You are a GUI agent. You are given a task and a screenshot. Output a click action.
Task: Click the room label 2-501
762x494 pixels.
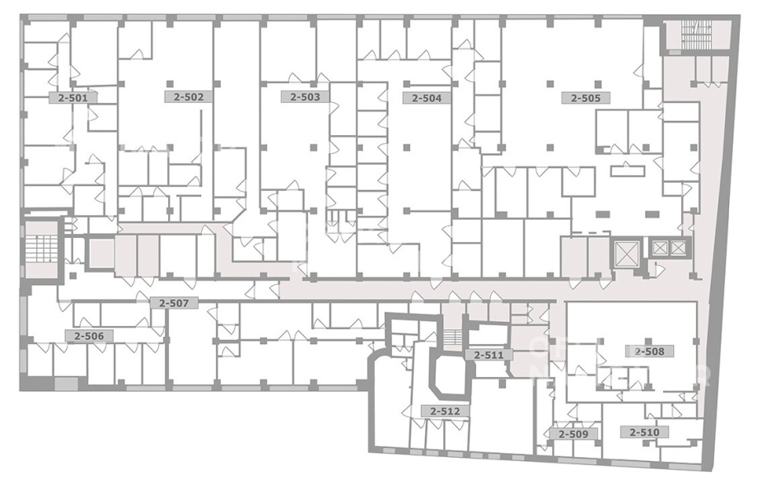[x=72, y=98]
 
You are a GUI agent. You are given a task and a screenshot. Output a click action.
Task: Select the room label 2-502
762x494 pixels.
[x=189, y=96]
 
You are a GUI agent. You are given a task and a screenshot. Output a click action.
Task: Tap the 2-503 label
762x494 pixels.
[x=305, y=96]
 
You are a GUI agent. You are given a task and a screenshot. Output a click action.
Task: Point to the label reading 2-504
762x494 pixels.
[x=427, y=98]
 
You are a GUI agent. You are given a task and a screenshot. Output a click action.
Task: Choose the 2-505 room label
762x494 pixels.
[x=586, y=98]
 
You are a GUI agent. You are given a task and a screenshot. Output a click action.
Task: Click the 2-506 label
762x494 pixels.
[x=89, y=336]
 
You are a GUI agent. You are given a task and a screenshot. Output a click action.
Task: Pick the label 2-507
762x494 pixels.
[x=174, y=303]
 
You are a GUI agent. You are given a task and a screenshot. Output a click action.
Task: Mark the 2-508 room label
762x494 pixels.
[x=649, y=352]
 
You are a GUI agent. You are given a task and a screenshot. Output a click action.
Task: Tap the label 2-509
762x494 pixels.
[x=573, y=434]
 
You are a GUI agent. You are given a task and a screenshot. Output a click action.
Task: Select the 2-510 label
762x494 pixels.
[x=644, y=431]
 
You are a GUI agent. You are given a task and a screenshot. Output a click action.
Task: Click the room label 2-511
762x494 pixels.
[x=489, y=355]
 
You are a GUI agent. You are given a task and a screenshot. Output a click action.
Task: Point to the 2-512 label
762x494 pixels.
[x=444, y=411]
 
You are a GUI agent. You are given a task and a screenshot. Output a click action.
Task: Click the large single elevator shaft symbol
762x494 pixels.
[x=625, y=253]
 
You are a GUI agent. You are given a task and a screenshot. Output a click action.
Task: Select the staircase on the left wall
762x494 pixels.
[x=42, y=248]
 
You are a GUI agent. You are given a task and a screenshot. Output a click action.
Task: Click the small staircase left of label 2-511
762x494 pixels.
[x=452, y=337]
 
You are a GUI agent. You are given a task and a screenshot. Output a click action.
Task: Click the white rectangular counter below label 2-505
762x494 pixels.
[x=628, y=171]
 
